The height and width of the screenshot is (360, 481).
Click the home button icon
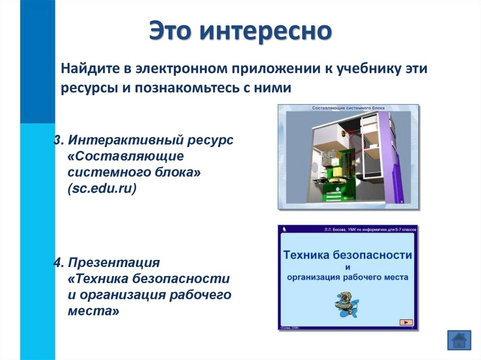click(458, 339)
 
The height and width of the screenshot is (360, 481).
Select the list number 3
click(56, 140)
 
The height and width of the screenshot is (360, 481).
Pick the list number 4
click(57, 262)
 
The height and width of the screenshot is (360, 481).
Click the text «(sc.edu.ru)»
click(102, 189)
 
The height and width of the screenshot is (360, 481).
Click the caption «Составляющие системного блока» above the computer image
click(348, 108)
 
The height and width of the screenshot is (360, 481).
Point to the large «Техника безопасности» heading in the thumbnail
click(347, 255)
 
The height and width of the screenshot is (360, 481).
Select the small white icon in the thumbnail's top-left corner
click(284, 230)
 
